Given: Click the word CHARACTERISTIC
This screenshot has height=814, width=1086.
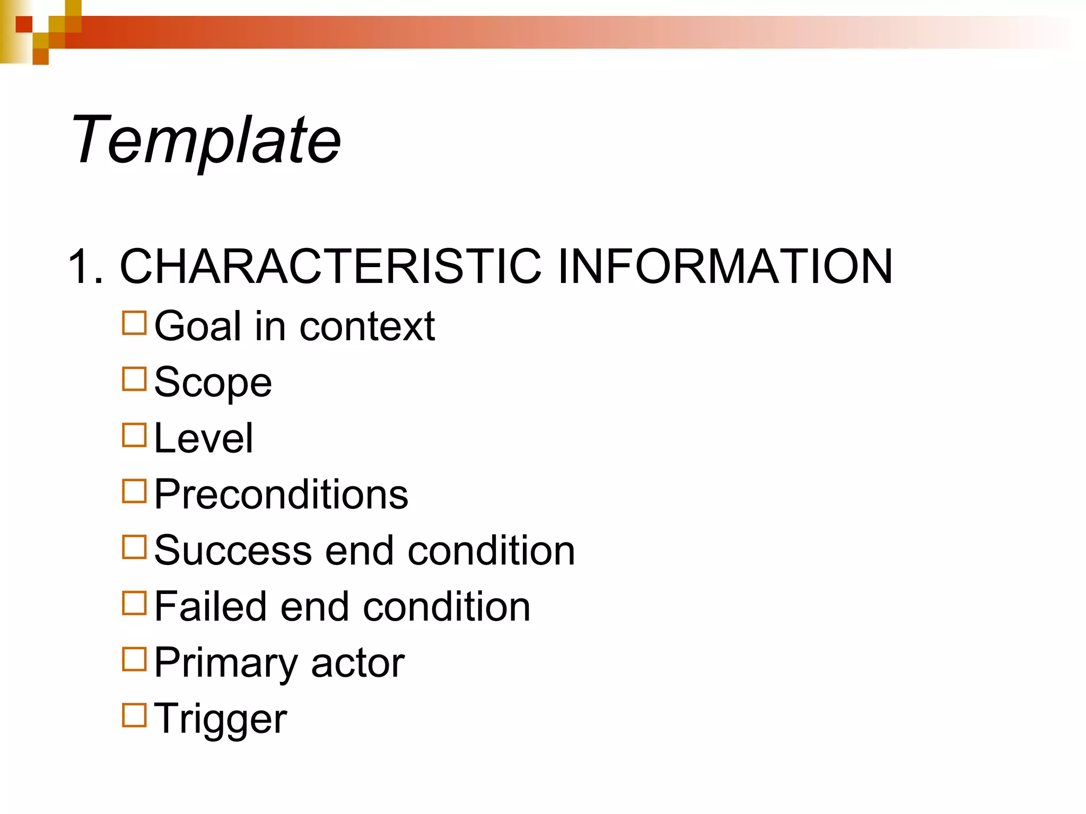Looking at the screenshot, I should (330, 267).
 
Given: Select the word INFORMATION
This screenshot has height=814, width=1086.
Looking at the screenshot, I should (725, 267).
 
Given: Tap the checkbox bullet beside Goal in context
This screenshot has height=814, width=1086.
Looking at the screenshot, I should (134, 323).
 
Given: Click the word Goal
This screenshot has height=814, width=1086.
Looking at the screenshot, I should (198, 326).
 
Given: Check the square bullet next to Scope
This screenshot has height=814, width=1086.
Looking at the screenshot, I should (134, 379).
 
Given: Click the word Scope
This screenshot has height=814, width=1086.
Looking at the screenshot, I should (213, 383).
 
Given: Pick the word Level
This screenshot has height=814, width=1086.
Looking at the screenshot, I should (204, 438).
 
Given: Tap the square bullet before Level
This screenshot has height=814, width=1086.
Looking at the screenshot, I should (134, 435).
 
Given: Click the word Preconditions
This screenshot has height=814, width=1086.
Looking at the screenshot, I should (281, 494).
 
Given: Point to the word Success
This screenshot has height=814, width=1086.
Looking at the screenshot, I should (233, 551).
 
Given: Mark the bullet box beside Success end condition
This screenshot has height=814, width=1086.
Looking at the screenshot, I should (134, 547).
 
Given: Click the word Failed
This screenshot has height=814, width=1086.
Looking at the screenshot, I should (211, 607).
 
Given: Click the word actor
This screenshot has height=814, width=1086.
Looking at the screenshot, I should (358, 664).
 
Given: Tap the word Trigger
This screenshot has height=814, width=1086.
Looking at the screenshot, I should (220, 720).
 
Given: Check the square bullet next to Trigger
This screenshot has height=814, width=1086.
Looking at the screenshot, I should (134, 715).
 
